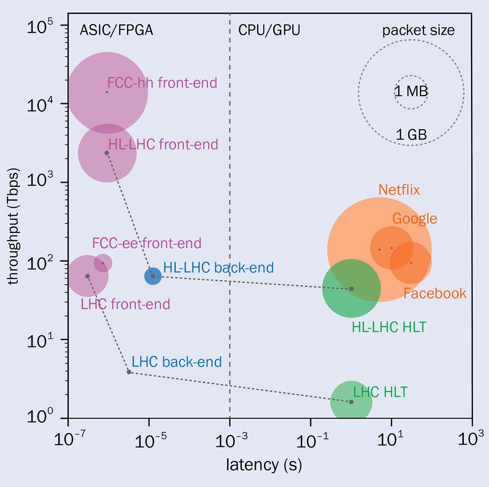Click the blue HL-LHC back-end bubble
153,276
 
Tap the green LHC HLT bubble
351,402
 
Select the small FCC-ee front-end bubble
103,263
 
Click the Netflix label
399,190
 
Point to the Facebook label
435,293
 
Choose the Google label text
414,219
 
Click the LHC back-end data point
129,372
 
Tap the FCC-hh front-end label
162,83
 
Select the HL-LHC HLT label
389,327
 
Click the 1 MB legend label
411,91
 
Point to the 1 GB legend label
411,134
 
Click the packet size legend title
418,31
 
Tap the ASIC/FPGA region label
117,30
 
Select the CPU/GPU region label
269,30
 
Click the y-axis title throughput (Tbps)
13,226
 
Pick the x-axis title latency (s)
264,465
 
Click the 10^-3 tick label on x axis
231,440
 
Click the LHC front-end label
126,304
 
